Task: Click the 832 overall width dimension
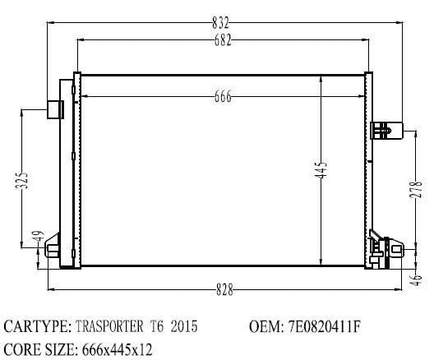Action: click(220, 23)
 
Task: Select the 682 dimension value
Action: click(223, 40)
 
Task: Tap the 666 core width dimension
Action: click(223, 96)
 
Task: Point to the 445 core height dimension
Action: click(321, 169)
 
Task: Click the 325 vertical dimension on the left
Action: click(21, 181)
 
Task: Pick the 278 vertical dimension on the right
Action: click(416, 189)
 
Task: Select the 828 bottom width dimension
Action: click(224, 289)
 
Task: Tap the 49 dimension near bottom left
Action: click(39, 237)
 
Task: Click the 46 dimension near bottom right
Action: click(416, 280)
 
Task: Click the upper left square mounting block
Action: click(55, 109)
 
